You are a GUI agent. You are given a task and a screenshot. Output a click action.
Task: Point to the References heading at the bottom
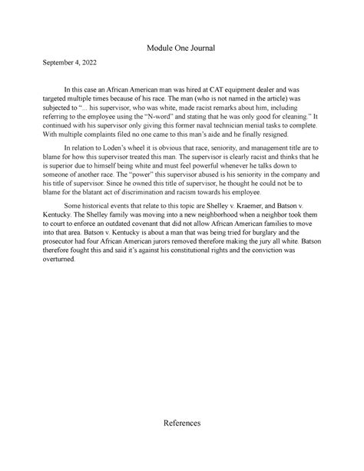point(181,423)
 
